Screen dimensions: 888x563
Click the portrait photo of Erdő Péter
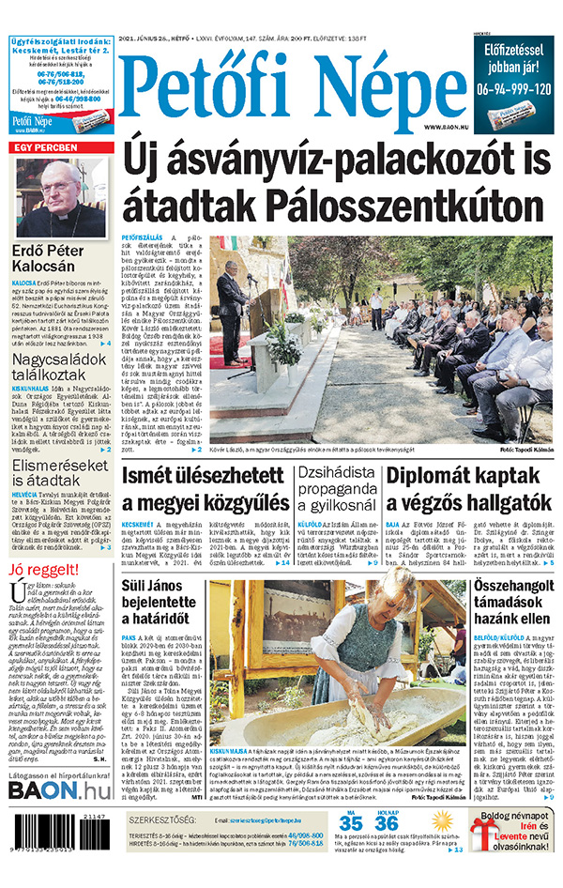[60, 197]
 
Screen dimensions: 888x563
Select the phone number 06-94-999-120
[512, 90]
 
